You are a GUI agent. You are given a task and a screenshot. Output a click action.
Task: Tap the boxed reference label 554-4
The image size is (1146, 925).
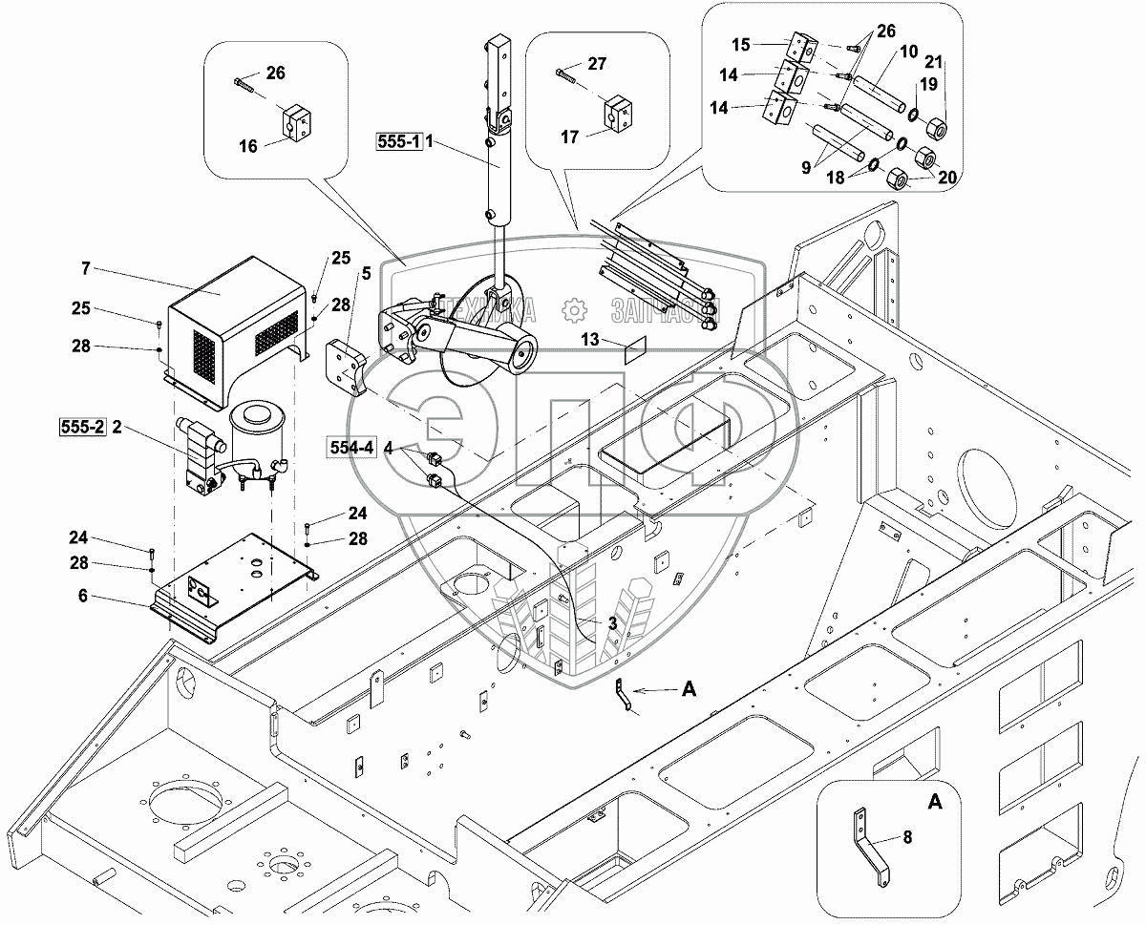[x=360, y=448]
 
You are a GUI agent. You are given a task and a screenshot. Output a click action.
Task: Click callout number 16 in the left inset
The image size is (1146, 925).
[x=248, y=146]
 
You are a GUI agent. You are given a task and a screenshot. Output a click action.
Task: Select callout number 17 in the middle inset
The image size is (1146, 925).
[x=570, y=137]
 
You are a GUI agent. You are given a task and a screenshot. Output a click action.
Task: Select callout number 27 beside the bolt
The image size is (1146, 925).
[x=597, y=65]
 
